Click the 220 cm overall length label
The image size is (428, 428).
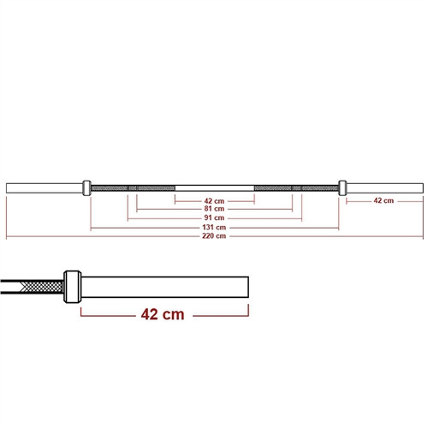(x=214, y=236)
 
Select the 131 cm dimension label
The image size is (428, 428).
(x=214, y=227)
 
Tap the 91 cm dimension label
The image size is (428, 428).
(x=214, y=217)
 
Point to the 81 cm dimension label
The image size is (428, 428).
(x=214, y=208)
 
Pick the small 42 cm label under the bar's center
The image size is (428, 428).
(x=214, y=199)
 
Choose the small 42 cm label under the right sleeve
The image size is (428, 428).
(x=383, y=200)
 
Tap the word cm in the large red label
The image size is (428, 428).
(x=172, y=314)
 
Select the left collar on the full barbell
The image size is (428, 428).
(x=86, y=186)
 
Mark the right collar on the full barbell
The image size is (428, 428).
(x=342, y=186)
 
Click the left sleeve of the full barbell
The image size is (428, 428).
(x=43, y=186)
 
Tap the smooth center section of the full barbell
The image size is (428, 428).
(x=214, y=186)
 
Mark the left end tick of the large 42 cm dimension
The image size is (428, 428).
(x=81, y=314)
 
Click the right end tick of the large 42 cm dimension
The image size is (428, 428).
(x=249, y=314)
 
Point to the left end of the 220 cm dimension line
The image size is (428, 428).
(x=7, y=236)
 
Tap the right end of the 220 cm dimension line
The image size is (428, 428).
(x=423, y=236)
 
